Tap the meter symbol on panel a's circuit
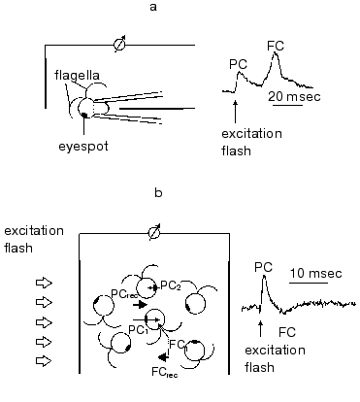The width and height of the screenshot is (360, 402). pos(119,44)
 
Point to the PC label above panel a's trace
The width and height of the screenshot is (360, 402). pos(239,63)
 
